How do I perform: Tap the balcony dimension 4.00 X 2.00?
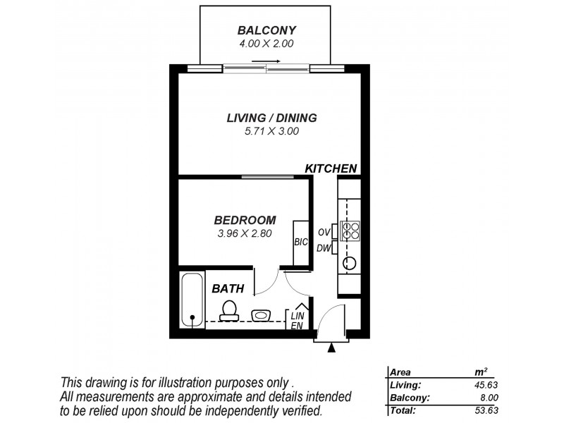(266, 44)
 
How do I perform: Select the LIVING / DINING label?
(271, 118)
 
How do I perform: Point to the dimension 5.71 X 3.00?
(271, 130)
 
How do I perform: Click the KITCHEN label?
(330, 168)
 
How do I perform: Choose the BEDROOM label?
(245, 219)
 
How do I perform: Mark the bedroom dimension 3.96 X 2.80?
(245, 232)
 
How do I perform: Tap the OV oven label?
(324, 232)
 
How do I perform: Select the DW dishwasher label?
(324, 247)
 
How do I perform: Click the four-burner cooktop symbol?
(350, 231)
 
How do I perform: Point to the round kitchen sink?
(350, 264)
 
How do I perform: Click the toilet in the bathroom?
(228, 310)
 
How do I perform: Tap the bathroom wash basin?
(262, 314)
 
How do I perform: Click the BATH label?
(228, 288)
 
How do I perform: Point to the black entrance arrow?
(333, 346)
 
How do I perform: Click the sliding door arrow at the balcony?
(274, 62)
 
